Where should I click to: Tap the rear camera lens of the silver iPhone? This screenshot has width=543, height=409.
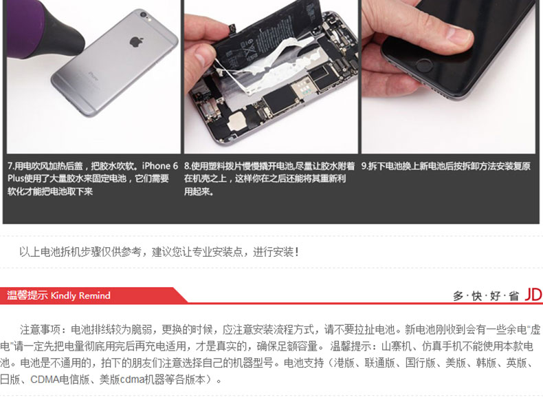coord(143,15)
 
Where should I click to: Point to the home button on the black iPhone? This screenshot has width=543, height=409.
coord(423,65)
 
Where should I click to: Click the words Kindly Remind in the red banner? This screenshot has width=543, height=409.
coord(80,295)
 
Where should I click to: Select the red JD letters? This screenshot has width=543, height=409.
coord(533,295)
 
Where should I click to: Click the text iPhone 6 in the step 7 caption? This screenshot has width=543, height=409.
coord(159,166)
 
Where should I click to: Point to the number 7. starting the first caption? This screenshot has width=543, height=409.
coord(11,166)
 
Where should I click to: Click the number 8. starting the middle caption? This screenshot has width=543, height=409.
coord(188,166)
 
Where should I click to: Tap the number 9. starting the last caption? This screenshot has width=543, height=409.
coord(365,166)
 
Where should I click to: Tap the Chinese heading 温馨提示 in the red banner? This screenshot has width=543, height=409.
coord(27,295)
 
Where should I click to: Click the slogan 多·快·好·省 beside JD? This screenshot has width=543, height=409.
coord(486,296)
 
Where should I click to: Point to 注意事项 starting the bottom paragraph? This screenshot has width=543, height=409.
coord(40,329)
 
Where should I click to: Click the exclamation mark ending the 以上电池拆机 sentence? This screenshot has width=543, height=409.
coord(297,252)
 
